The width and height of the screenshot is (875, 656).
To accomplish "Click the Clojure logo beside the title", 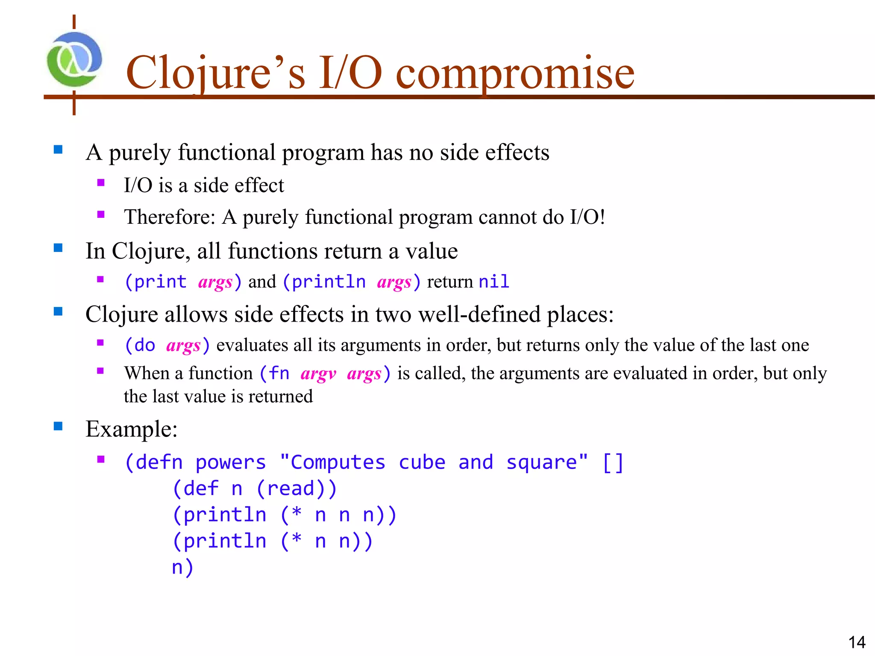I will [x=74, y=60].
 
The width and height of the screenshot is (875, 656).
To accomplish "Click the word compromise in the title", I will [x=515, y=73].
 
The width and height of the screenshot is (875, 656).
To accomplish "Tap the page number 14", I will [x=856, y=642].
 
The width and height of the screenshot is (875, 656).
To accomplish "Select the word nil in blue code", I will [x=494, y=282].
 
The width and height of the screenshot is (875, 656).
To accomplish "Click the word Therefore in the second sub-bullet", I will [x=169, y=217].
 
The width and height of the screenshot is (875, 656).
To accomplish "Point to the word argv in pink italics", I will [x=318, y=374].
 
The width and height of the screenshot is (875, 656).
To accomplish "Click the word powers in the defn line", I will [x=231, y=463].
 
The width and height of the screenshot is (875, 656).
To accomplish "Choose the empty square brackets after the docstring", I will [x=613, y=463].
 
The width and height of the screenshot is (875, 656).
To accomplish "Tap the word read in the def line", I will [x=290, y=489].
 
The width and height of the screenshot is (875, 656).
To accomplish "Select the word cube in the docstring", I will [x=422, y=463].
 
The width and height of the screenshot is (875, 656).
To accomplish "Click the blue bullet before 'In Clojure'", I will [x=58, y=248].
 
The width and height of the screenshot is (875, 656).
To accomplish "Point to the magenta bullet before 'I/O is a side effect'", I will [x=101, y=183].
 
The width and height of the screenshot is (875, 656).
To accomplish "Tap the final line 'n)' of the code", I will [x=182, y=568].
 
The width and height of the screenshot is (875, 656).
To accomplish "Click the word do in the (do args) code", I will [x=145, y=346].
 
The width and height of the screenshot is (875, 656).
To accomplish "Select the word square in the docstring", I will [x=541, y=463].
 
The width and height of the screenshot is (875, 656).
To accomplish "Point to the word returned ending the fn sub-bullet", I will [x=281, y=397].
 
